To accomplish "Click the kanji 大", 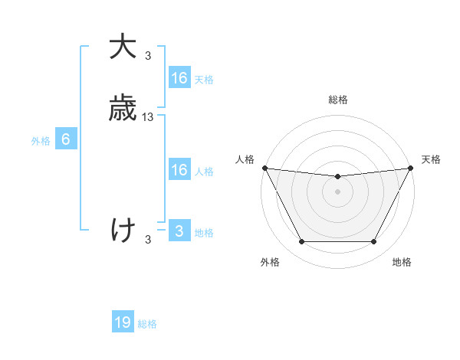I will point(123,47).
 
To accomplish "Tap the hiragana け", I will point(123,230).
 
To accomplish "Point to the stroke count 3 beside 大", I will point(148,56).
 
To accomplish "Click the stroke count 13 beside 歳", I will point(148,117).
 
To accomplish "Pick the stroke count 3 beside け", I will point(148,240).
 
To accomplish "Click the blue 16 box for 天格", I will point(179,78).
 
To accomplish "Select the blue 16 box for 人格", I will point(179,170).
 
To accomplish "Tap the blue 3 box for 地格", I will point(179,231).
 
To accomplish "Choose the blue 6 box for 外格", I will point(66,139).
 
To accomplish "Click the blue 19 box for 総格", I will point(123,322).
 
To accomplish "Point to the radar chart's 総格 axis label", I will point(337,100).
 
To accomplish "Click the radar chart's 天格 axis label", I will point(431,159).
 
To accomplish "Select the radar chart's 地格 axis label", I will point(402,262).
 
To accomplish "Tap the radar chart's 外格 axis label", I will point(270,262).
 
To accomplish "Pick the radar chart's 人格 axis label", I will point(245,159).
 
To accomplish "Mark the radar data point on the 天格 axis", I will point(412,168).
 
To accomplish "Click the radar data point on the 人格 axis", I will point(264,168).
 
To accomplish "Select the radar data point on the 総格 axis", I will point(337,177).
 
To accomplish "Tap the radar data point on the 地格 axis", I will point(374,242).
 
